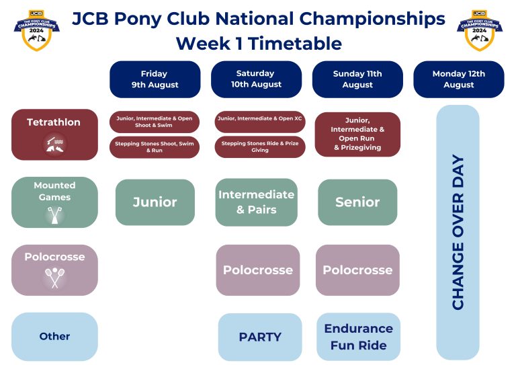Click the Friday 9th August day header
coord(155,79)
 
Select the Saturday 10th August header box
coord(255,79)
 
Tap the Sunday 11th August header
coord(357,79)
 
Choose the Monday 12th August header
coord(459,79)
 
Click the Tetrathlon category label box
coord(54,134)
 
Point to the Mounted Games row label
coord(54,202)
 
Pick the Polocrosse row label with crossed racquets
coord(54,270)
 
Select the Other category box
coord(54,336)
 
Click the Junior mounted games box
coord(155,202)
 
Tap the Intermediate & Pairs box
coord(256,202)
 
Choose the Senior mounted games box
coord(357,202)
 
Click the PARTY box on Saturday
coord(259,337)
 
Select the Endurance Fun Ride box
coord(358,337)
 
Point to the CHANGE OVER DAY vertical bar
coord(458,233)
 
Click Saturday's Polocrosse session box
coord(258,270)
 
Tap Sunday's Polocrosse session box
coord(357,270)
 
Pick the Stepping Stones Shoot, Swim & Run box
coord(155,147)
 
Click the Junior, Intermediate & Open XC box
coord(260,122)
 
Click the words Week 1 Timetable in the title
coord(259,44)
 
